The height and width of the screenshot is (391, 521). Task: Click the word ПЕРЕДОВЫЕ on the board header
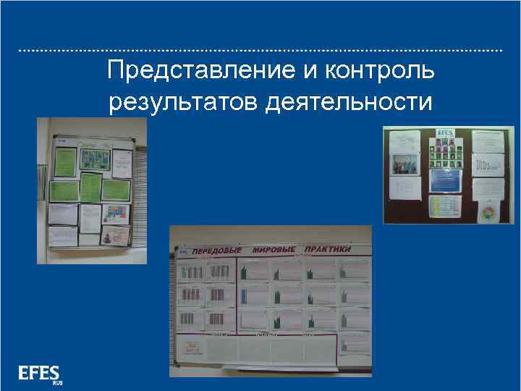[x=216, y=250]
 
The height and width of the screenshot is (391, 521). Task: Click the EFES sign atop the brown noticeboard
[x=445, y=133]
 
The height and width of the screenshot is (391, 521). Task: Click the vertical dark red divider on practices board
[x=238, y=304]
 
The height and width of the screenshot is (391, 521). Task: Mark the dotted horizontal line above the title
[x=260, y=51]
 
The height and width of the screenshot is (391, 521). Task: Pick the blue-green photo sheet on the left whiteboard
[x=93, y=158]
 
